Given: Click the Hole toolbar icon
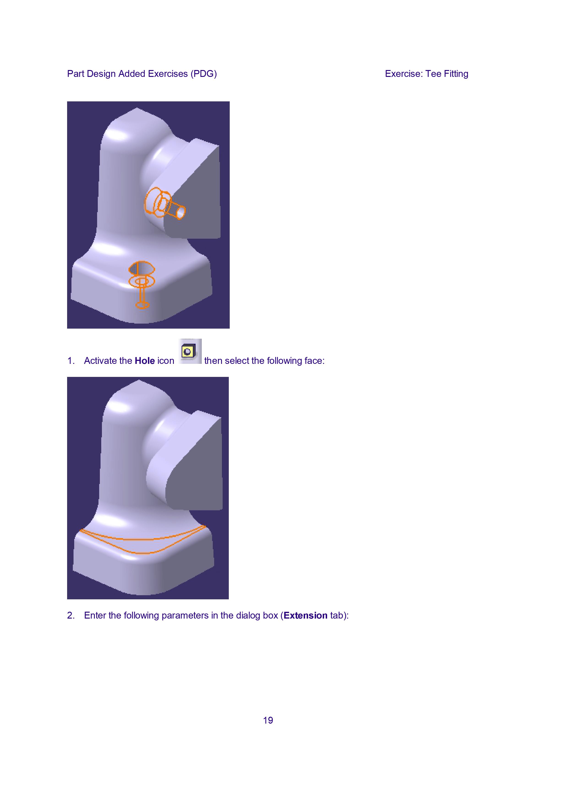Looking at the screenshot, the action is tap(190, 351).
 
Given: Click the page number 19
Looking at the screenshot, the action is tap(268, 720).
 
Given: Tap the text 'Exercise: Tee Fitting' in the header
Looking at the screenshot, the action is tap(427, 74).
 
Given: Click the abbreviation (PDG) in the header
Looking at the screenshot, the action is tap(204, 74).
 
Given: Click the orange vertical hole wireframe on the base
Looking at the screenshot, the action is tap(142, 284).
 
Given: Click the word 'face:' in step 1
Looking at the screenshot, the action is tap(315, 361).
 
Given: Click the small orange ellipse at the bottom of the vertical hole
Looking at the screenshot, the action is tap(142, 305).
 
